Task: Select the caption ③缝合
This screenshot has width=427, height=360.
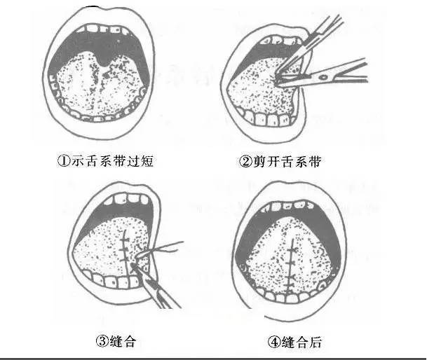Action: click(x=116, y=342)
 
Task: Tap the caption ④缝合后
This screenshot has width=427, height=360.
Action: click(x=294, y=342)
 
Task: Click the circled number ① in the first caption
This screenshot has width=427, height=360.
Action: click(x=63, y=161)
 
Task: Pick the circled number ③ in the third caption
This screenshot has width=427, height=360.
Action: click(x=101, y=342)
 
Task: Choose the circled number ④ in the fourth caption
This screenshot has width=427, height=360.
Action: click(x=273, y=342)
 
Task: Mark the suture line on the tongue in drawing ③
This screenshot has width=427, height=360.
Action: click(x=126, y=249)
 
